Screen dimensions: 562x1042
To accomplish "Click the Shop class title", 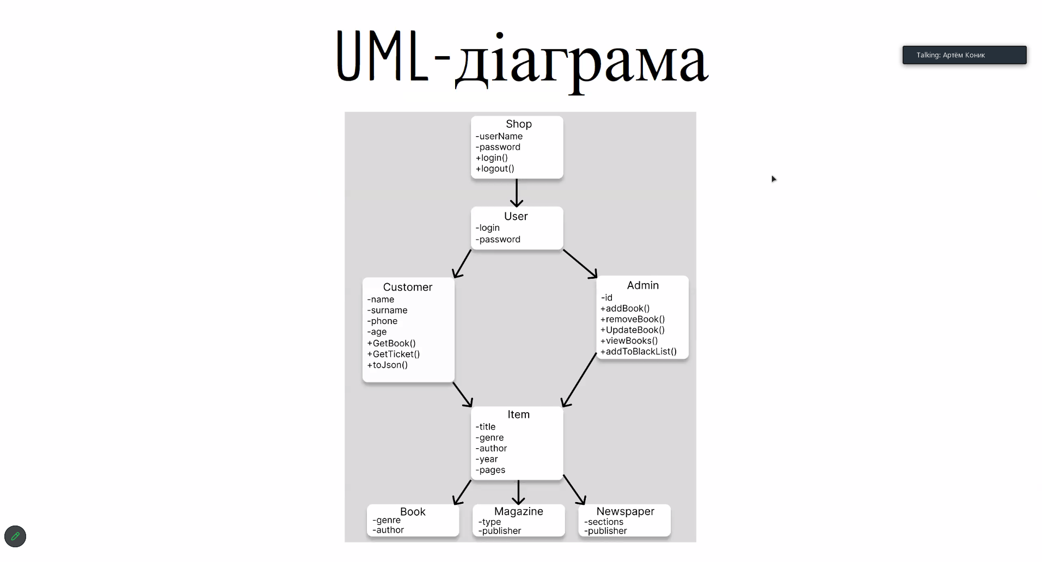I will coord(518,124).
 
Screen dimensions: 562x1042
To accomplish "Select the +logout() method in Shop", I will coord(495,169).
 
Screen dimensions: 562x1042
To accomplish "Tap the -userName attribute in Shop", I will coord(499,136).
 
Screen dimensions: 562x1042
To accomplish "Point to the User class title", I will coord(516,216).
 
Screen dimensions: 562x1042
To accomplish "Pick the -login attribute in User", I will coord(488,228).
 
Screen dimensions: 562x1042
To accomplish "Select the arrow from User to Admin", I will coord(580,264).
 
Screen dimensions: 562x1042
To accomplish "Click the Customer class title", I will coord(407,287).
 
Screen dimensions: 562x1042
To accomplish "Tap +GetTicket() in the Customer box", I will coord(394,354).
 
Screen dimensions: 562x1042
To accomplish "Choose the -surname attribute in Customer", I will coord(387,310).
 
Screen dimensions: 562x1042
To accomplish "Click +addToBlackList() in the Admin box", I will coord(639,351).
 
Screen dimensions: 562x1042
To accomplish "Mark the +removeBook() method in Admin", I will coord(633,319).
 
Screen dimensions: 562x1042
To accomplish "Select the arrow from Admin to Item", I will coord(579,380).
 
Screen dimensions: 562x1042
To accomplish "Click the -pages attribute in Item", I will coord(491,470).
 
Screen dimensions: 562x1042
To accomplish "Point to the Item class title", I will coord(518,414).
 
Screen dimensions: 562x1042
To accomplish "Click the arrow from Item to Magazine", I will coord(518,492).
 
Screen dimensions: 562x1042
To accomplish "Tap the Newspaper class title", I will coord(625,511).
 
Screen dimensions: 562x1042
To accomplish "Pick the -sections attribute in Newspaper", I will coord(604,522).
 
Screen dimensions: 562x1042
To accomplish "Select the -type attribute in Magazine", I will coord(490,522).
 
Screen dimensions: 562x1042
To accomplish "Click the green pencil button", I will coord(15,536).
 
